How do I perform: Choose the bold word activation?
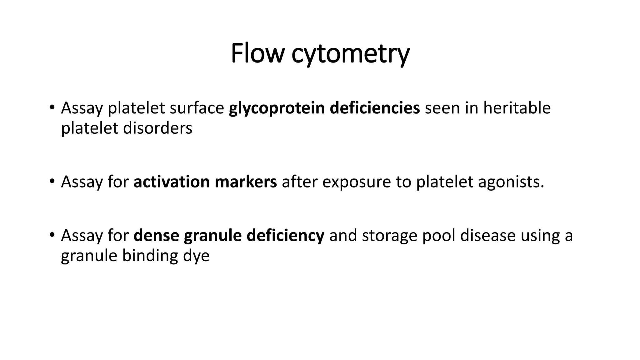tap(172, 182)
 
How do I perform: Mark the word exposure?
tap(357, 182)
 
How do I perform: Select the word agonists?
tap(511, 182)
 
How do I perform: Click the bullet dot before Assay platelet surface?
tap(52, 108)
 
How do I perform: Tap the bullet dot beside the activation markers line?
tap(52, 182)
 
